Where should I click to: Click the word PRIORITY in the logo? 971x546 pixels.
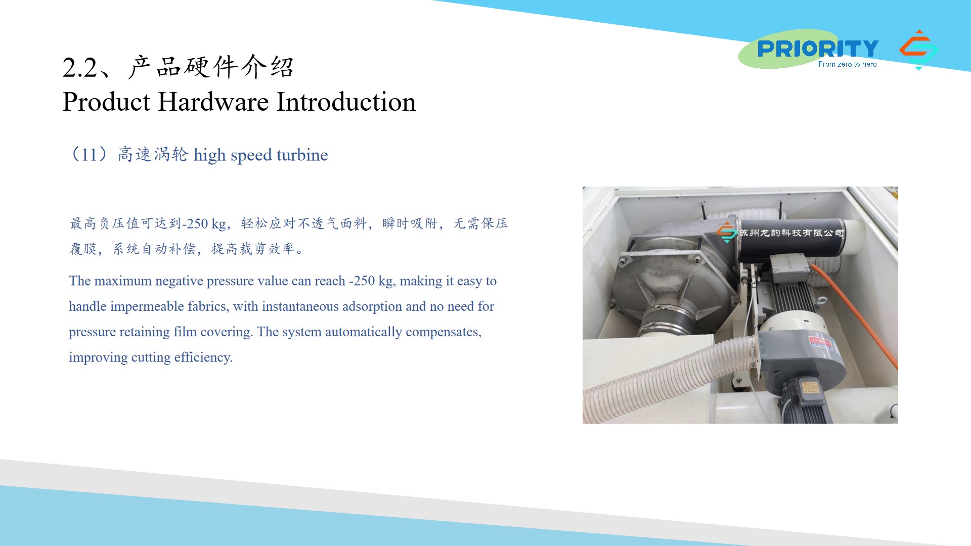(x=818, y=49)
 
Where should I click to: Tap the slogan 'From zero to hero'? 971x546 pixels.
(x=848, y=64)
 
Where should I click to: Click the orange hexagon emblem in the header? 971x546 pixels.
(x=918, y=50)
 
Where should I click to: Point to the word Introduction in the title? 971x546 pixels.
(x=346, y=102)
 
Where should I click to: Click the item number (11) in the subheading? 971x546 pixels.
(x=90, y=154)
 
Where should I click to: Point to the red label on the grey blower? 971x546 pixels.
(x=820, y=342)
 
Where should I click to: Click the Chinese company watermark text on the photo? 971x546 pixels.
(x=791, y=233)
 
